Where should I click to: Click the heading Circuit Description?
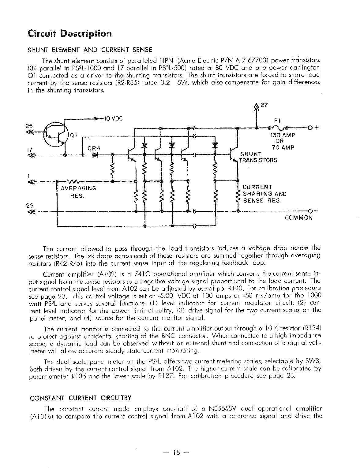tap(69, 33)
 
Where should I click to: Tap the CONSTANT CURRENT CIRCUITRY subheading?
tap(81, 398)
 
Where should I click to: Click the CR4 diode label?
tap(94, 149)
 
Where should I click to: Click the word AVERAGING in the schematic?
tap(78, 188)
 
